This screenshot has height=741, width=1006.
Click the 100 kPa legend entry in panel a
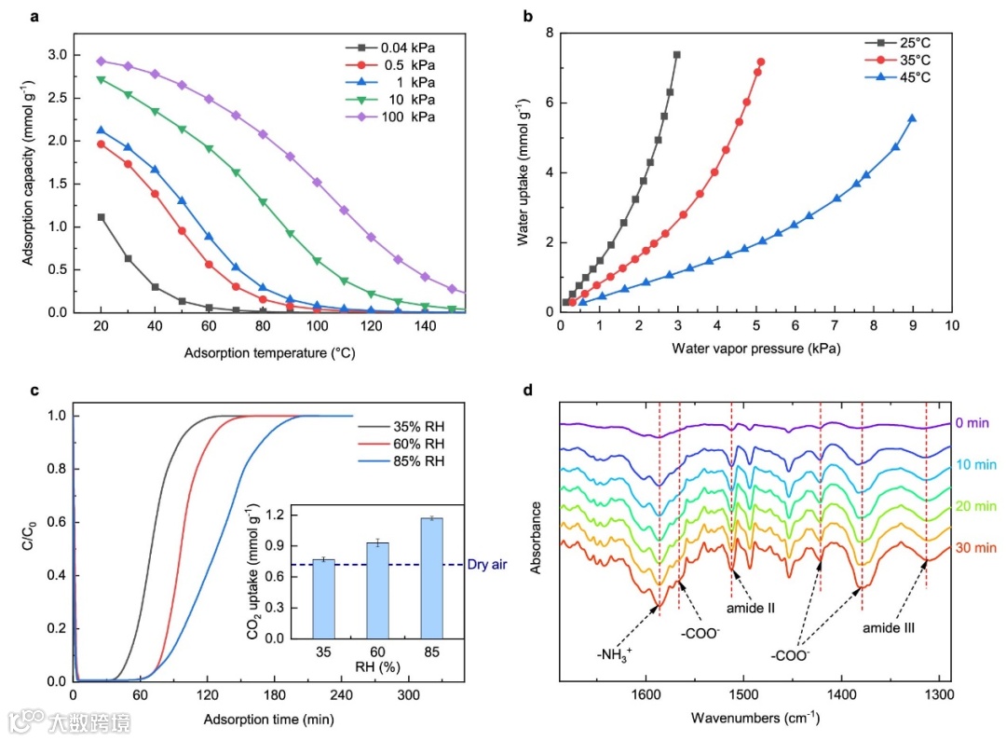(x=408, y=117)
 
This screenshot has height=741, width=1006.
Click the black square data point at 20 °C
(x=101, y=217)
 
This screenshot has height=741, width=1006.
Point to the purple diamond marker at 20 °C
(x=101, y=61)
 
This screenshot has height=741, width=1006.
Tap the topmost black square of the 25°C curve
(x=676, y=55)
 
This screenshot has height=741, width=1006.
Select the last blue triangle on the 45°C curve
(x=912, y=118)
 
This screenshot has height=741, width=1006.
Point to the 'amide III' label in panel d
(x=889, y=628)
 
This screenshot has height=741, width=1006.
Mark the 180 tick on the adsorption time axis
(x=274, y=695)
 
